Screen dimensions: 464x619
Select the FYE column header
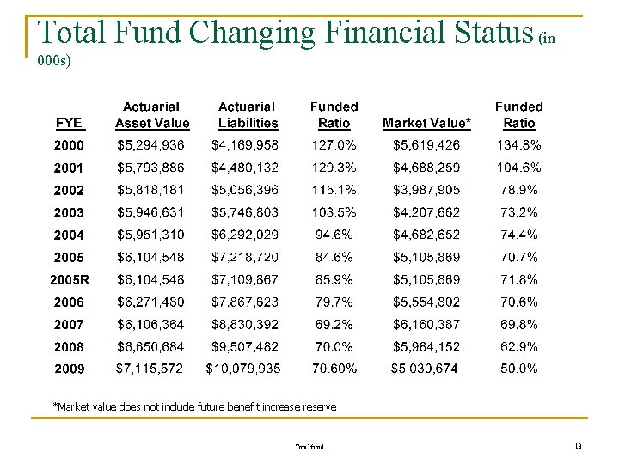pos(69,123)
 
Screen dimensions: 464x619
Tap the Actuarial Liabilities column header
pos(247,115)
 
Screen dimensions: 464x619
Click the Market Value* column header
pos(426,123)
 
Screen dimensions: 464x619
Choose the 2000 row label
pos(69,145)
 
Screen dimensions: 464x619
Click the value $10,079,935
pos(243,369)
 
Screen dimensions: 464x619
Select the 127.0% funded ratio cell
pos(334,145)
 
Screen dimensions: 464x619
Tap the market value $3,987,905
pos(426,190)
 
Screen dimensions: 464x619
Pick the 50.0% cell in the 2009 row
pos(518,369)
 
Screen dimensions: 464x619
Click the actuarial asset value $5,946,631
pos(150,212)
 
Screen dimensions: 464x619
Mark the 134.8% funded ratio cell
pos(518,145)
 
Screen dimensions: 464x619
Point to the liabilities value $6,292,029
pos(245,235)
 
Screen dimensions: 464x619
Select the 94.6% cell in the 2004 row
pos(334,235)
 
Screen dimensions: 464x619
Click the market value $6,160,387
pos(426,324)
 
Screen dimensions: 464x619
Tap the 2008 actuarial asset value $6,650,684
pos(150,346)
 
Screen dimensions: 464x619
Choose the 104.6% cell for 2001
pos(518,168)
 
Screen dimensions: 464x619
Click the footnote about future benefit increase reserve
pos(194,406)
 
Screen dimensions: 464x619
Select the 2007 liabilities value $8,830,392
pos(245,324)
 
